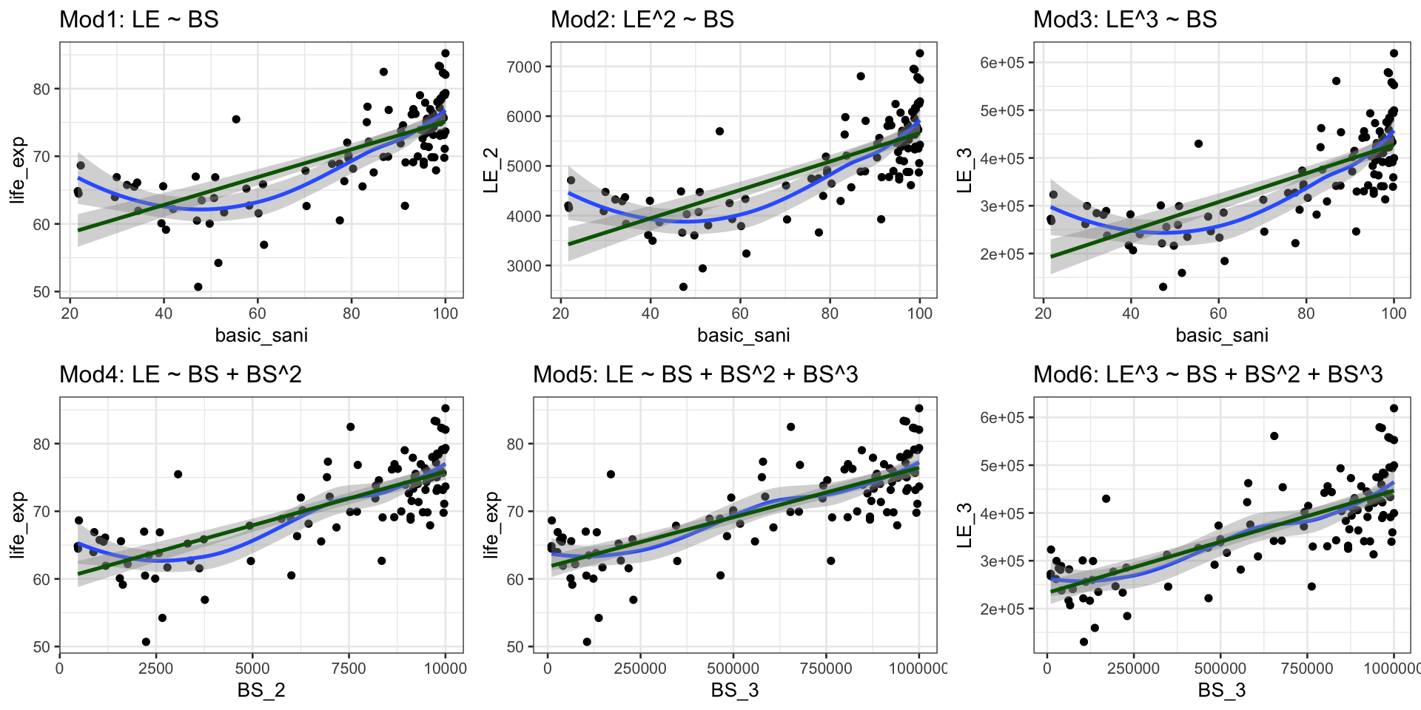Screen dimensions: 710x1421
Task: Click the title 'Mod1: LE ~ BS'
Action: tap(139, 19)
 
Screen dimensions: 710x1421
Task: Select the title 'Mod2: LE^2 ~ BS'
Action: tap(642, 19)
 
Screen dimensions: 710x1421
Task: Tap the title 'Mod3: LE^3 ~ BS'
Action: tap(1125, 19)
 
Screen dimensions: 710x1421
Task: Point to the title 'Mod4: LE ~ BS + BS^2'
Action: tap(181, 374)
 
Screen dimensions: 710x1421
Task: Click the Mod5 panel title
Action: tap(695, 374)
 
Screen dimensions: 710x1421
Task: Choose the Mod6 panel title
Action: tap(1208, 374)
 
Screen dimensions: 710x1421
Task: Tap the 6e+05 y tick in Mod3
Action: tap(1002, 63)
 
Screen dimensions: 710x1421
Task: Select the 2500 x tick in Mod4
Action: tap(155, 669)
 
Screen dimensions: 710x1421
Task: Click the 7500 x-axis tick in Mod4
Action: tap(349, 669)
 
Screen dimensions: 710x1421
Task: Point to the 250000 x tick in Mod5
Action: tap(640, 669)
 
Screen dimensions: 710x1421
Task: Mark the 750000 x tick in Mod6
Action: tap(1307, 669)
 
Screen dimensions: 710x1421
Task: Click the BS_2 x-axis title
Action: tap(261, 690)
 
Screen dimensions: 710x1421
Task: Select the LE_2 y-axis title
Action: tap(491, 170)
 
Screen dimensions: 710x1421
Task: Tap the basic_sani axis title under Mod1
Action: tap(261, 335)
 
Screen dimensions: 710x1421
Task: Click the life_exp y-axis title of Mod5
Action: tap(491, 525)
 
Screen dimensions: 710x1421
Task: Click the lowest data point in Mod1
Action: tap(198, 287)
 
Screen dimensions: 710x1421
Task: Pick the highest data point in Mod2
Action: tap(920, 53)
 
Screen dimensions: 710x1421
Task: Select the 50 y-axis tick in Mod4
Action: tap(41, 647)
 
